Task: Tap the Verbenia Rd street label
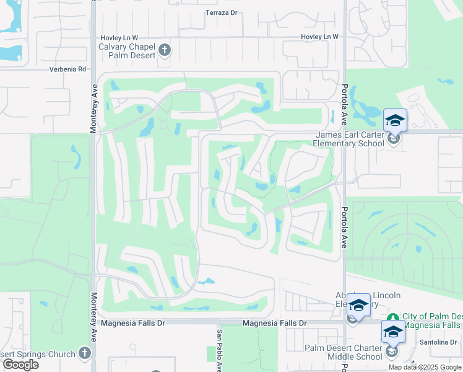coord(67,69)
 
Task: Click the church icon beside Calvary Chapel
coord(164,49)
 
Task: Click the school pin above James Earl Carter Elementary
coord(395,120)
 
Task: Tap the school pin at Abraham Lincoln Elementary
coord(358,304)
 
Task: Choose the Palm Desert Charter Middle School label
coord(344,352)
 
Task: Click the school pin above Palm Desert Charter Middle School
coord(393,332)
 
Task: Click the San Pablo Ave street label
coord(219,350)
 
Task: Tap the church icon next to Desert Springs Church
coord(85,353)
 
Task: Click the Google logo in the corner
coord(20,365)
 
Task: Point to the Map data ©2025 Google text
coord(425,367)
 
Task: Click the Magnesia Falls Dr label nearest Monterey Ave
coord(133,323)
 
